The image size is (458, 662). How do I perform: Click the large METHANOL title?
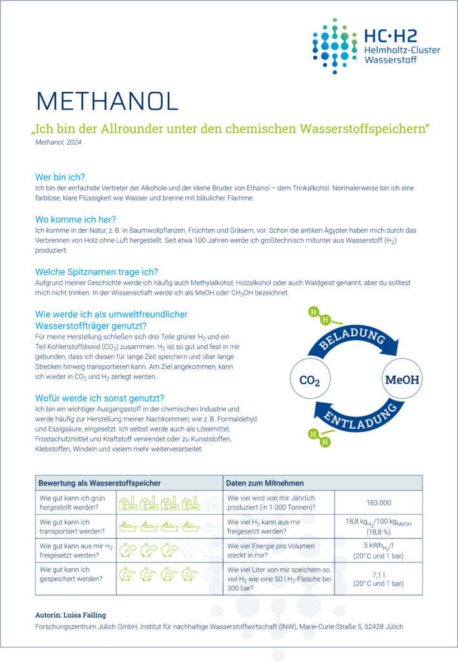point(107,101)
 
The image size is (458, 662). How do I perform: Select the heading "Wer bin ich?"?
point(60,176)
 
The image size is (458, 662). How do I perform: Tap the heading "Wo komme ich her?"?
point(75,219)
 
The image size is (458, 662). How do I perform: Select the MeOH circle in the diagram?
point(402,379)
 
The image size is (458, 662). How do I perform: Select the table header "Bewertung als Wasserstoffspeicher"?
point(99,483)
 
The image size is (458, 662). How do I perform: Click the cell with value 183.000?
point(378,502)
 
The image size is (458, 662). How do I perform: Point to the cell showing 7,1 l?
point(378,578)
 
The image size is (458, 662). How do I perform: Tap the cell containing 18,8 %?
point(378,527)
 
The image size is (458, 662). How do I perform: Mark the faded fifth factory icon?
point(211,502)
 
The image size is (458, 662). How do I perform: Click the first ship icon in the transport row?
point(128,526)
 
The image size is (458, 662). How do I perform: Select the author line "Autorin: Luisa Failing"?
point(72,614)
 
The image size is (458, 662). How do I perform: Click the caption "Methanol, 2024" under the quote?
point(59,142)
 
